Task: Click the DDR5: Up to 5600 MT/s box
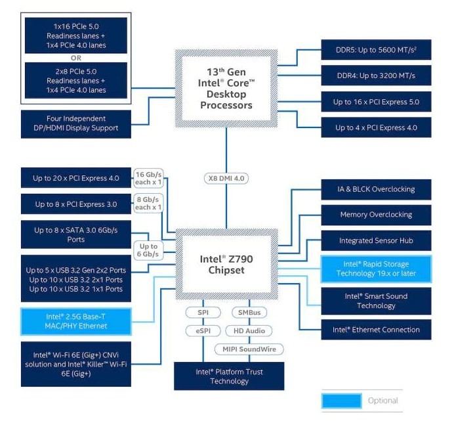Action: click(x=376, y=50)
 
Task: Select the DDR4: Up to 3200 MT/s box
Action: click(x=376, y=76)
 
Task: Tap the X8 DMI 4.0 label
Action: click(x=226, y=178)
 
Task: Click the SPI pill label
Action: click(x=203, y=312)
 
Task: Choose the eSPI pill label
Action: click(x=203, y=331)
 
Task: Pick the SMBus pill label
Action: click(x=249, y=312)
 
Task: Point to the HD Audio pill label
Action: click(x=249, y=331)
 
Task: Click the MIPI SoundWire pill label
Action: click(x=249, y=349)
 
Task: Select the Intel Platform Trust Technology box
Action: click(x=229, y=376)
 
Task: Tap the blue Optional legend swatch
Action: click(x=342, y=401)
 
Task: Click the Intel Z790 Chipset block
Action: click(x=226, y=264)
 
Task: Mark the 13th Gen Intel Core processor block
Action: click(x=226, y=89)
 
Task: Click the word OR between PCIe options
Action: click(x=76, y=58)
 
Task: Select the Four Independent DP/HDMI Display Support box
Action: click(x=76, y=124)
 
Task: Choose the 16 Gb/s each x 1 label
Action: click(x=148, y=178)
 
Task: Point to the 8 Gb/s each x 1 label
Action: click(x=148, y=203)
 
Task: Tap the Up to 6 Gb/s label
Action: click(x=148, y=250)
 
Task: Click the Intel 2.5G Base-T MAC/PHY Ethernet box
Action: click(x=76, y=321)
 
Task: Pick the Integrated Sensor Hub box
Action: click(x=376, y=240)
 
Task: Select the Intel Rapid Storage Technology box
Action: click(x=376, y=269)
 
